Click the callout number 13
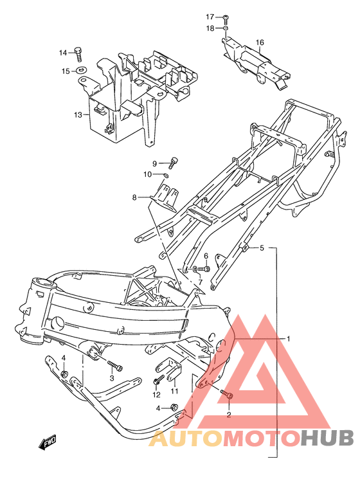coord(78,115)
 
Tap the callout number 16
coord(260,44)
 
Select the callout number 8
coord(134,197)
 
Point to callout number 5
coord(262,248)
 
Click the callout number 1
coord(289,338)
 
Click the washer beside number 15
coord(82,71)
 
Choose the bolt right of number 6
coord(204,267)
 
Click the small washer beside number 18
coord(226,28)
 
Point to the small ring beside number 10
coord(166,174)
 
